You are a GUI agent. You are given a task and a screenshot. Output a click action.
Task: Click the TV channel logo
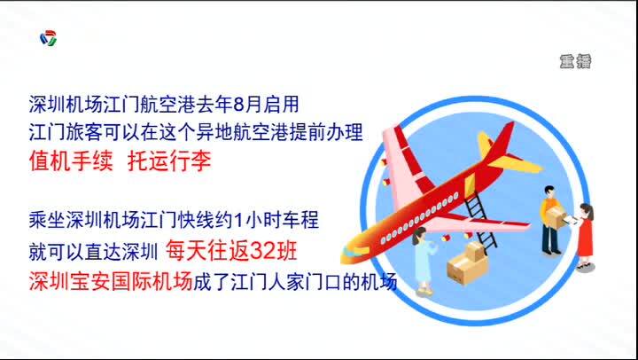click(49, 38)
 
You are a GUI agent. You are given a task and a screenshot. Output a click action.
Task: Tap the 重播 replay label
click(575, 61)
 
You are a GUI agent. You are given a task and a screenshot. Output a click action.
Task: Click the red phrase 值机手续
click(71, 161)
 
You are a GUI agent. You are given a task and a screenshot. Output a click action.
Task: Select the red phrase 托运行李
click(169, 161)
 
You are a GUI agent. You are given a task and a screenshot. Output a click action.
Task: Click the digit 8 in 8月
click(238, 105)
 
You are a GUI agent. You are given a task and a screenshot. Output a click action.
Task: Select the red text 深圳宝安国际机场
click(110, 282)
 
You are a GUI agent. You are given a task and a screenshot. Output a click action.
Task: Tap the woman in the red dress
click(584, 236)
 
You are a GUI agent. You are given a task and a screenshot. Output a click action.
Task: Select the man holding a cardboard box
click(552, 220)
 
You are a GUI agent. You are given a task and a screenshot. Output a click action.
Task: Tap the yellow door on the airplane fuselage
click(470, 184)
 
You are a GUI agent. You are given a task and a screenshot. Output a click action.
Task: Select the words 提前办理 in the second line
click(325, 132)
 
